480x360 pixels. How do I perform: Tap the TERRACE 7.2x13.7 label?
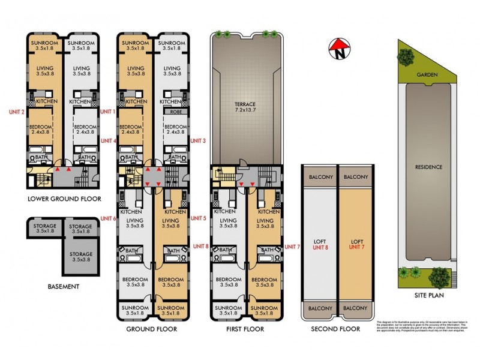[x=245, y=107]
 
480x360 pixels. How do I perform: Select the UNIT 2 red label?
[x=16, y=112]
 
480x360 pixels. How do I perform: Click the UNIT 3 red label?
[x=198, y=141]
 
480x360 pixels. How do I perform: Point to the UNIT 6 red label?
[x=109, y=218]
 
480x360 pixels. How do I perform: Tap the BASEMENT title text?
[x=64, y=286]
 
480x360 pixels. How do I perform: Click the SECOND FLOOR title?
[x=336, y=329]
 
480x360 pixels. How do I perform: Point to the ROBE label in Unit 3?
[x=176, y=112]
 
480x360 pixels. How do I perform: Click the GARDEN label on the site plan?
[x=428, y=74]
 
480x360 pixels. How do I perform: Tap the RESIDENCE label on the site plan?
[x=429, y=167]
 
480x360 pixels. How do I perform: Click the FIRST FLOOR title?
[x=245, y=329]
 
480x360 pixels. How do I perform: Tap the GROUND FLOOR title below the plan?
[x=152, y=329]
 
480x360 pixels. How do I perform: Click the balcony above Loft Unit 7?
[x=356, y=177]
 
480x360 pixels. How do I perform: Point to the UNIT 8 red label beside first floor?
[x=202, y=246]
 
